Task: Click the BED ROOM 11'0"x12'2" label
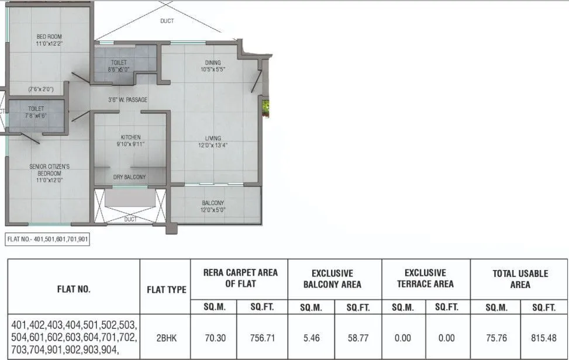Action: tap(49, 40)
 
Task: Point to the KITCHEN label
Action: tap(130, 141)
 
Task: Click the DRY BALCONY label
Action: tap(130, 177)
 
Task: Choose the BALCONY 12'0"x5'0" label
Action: tap(213, 206)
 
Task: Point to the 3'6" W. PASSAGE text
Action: tap(127, 100)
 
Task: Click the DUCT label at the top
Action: tap(167, 21)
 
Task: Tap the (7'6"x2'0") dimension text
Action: tap(41, 89)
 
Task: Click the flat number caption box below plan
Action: tap(47, 239)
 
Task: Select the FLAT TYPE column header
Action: tap(165, 289)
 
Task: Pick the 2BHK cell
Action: tap(165, 338)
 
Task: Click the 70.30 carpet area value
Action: tap(213, 338)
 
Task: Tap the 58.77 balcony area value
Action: tap(357, 338)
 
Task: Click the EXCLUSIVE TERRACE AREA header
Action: tap(425, 278)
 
